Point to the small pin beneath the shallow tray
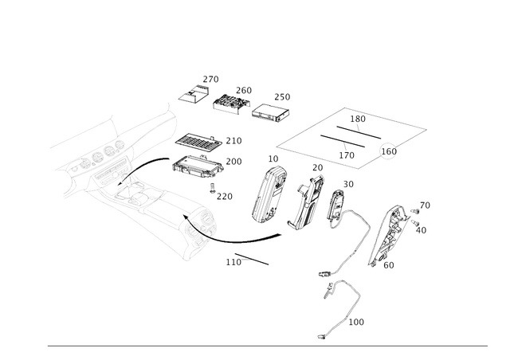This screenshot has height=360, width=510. pyautogui.click(x=213, y=189)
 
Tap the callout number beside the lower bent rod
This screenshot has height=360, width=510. pyautogui.click(x=359, y=322)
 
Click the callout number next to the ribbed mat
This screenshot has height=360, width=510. pyautogui.click(x=235, y=140)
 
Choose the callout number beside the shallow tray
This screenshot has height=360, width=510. pyautogui.click(x=237, y=162)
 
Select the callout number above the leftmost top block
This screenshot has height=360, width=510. pyautogui.click(x=211, y=78)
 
